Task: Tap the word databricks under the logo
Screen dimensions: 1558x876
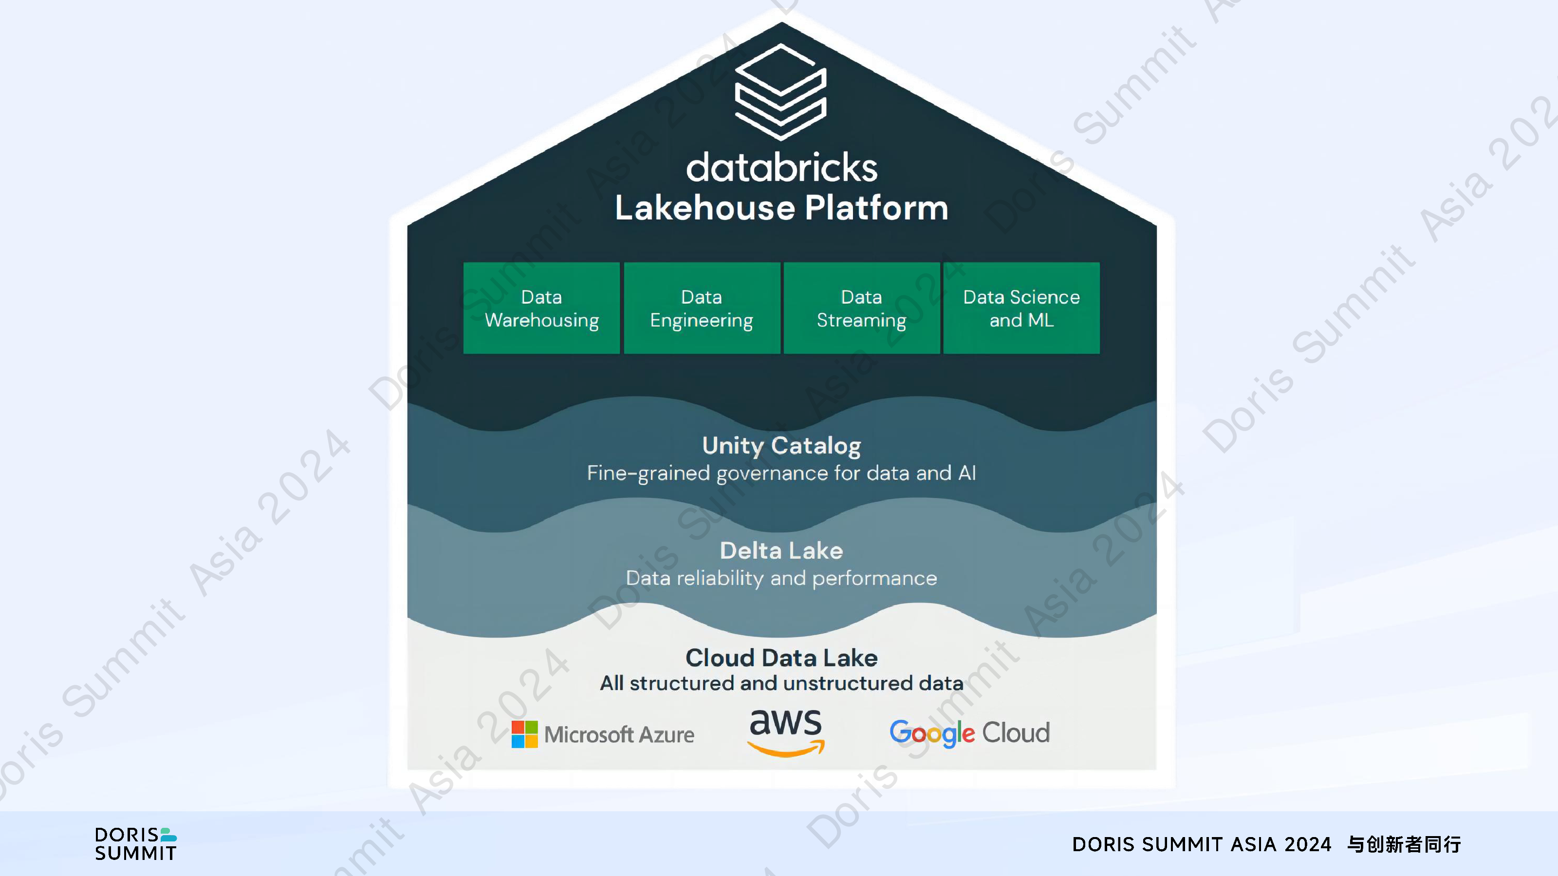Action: click(781, 167)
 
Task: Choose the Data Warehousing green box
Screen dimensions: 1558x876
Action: click(541, 308)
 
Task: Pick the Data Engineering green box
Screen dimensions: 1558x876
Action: click(702, 308)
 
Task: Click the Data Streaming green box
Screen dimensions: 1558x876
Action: click(862, 308)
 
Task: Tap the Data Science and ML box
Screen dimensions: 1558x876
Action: click(1021, 308)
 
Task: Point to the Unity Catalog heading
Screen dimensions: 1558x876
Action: click(781, 446)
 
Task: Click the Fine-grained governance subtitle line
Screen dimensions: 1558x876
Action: click(781, 473)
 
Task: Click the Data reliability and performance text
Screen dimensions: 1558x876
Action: click(781, 578)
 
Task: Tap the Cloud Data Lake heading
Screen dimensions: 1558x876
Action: click(781, 658)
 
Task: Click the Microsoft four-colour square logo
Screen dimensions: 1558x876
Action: click(524, 734)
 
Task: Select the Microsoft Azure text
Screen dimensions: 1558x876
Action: click(619, 734)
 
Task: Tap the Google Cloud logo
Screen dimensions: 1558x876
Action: click(969, 733)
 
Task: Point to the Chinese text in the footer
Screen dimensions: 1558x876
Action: click(1404, 844)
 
